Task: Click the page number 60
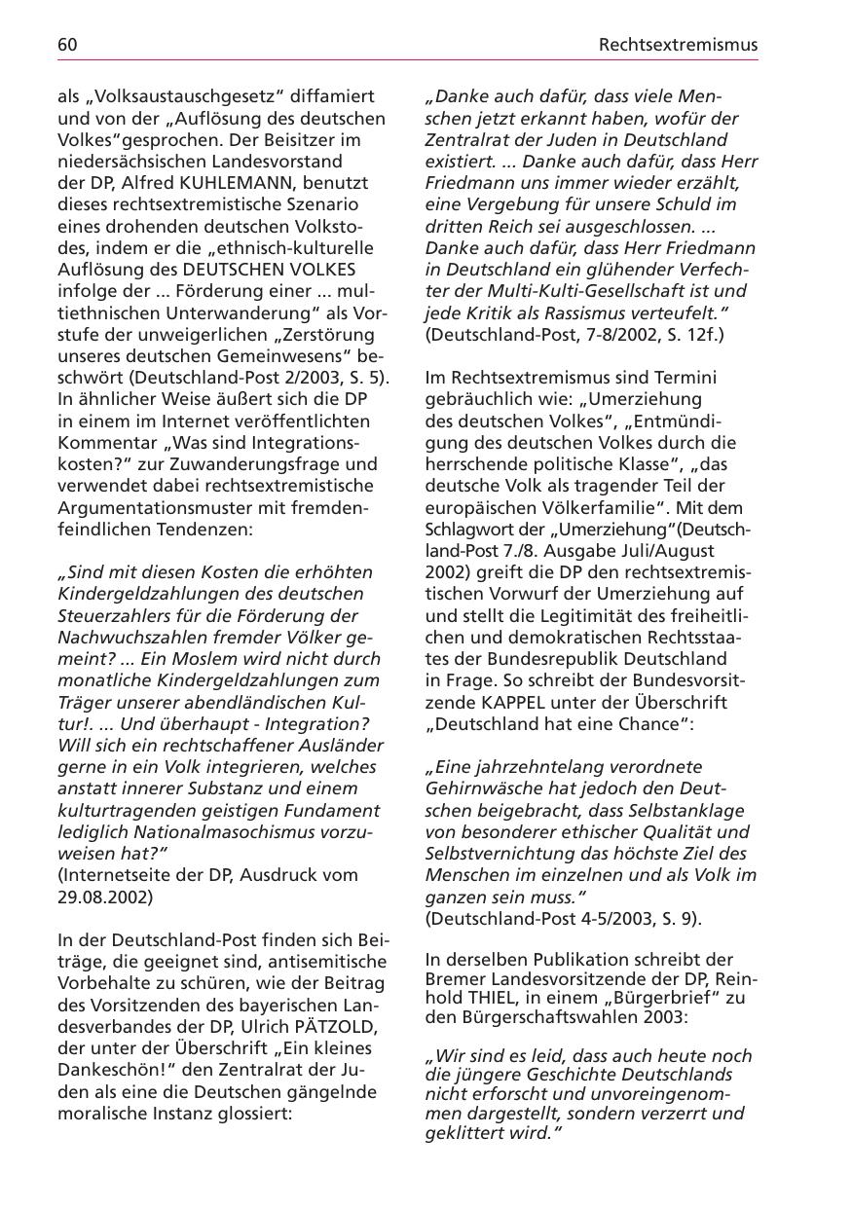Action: click(x=67, y=45)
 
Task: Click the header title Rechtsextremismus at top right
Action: click(x=678, y=45)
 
